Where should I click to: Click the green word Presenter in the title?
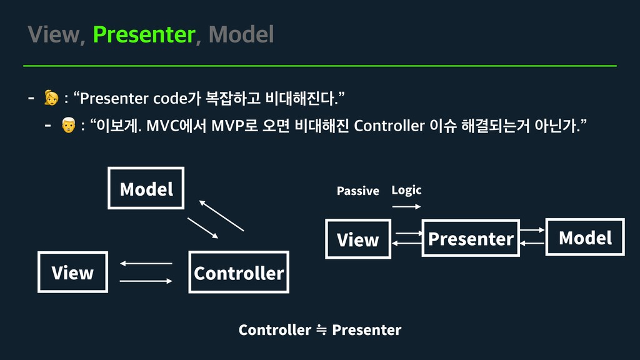click(144, 35)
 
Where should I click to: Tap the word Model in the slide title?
click(241, 35)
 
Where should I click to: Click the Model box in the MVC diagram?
click(146, 188)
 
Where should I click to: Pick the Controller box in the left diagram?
click(239, 272)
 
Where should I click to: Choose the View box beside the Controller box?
click(72, 272)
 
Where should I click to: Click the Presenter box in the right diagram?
click(471, 238)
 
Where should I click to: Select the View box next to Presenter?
click(357, 239)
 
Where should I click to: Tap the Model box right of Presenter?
click(585, 237)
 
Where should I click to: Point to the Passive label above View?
click(357, 191)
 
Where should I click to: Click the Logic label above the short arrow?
click(406, 190)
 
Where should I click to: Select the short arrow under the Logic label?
click(406, 206)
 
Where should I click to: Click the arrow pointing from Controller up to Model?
click(221, 216)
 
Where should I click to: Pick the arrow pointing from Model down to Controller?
click(203, 228)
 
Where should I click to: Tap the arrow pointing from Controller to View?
click(146, 264)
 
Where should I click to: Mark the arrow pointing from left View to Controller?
click(146, 281)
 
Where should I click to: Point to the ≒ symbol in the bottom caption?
click(321, 330)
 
